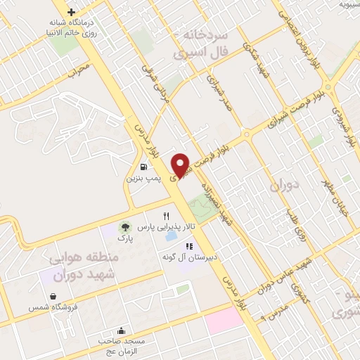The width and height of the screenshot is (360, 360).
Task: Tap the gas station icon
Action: coord(144,167)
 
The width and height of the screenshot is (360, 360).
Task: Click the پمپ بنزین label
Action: coord(143,179)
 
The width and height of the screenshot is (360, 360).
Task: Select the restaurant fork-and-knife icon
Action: coord(167,216)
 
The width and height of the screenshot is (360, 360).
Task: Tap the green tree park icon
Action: coord(124,226)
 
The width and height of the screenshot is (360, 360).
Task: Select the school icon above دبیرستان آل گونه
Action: coord(188,245)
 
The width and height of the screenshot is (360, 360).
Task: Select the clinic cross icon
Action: coord(71,12)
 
